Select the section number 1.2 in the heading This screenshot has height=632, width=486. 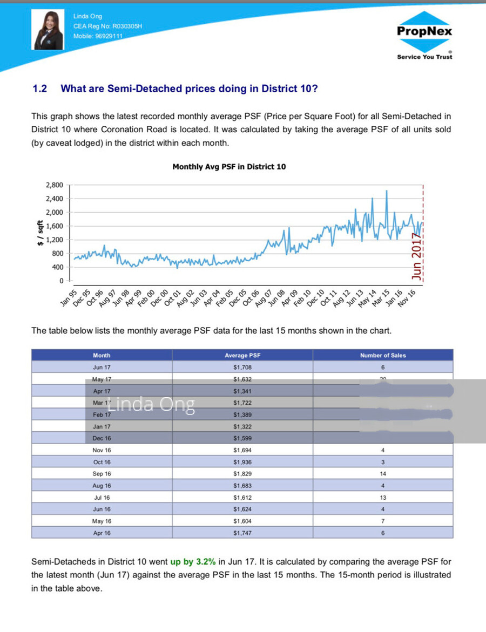[39, 89]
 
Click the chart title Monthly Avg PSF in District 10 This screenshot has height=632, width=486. [229, 167]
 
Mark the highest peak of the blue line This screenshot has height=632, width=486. [387, 191]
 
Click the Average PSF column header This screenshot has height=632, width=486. [242, 355]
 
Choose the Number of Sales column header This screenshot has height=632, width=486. [382, 355]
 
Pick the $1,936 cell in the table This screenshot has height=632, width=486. [242, 462]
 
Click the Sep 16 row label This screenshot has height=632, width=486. [102, 474]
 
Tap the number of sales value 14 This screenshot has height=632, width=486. [382, 474]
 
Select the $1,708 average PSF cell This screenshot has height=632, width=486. [242, 367]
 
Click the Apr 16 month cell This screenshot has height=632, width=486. [102, 533]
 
